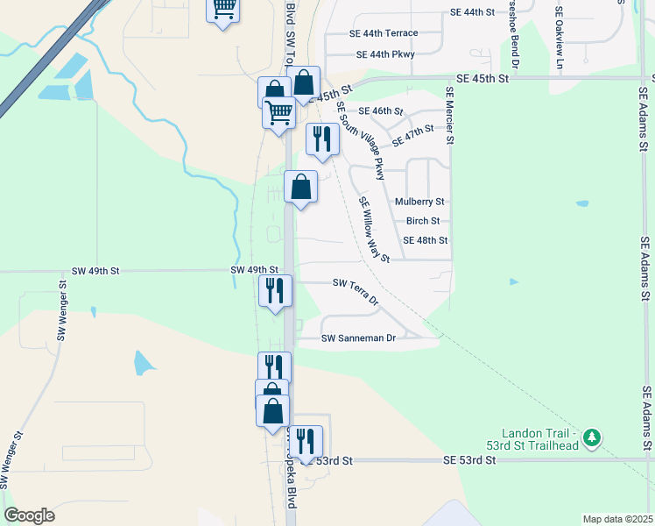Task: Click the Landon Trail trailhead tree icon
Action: (x=593, y=437)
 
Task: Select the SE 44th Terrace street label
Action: (x=384, y=33)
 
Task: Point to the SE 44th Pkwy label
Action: (x=385, y=54)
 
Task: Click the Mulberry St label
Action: (x=419, y=202)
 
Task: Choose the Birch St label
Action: (x=422, y=221)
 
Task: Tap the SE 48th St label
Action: (x=425, y=240)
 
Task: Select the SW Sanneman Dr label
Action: (x=359, y=338)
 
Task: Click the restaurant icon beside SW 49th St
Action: (x=275, y=289)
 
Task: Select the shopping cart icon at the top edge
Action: (x=222, y=9)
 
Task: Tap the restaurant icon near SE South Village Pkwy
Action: (x=321, y=139)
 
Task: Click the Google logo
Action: (x=29, y=515)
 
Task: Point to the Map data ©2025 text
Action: (x=616, y=519)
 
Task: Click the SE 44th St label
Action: (x=472, y=12)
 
